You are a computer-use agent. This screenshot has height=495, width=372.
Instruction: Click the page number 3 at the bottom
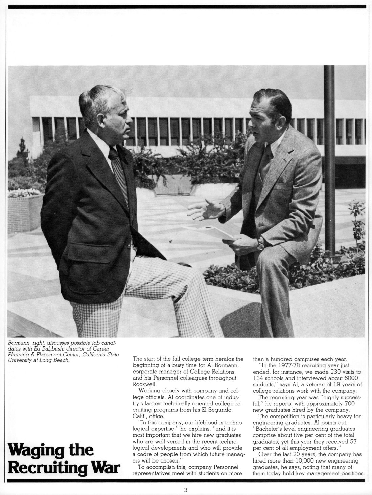[186, 489]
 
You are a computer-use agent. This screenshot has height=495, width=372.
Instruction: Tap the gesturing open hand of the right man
[206, 210]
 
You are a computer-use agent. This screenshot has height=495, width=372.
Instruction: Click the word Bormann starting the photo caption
[18, 344]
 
